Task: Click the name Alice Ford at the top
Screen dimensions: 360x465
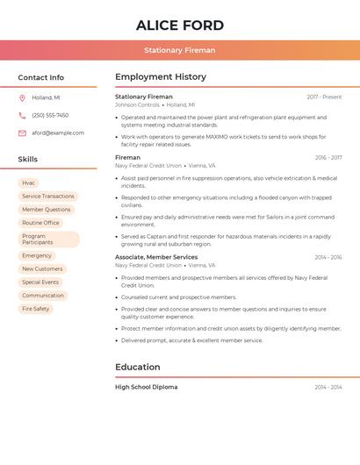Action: [180, 25]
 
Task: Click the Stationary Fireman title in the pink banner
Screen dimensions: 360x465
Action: [180, 50]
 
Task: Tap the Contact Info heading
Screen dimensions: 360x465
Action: [41, 77]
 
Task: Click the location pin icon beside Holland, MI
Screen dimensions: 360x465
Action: [22, 97]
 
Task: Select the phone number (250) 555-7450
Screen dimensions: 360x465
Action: [50, 115]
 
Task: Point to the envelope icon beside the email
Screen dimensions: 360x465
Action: [22, 133]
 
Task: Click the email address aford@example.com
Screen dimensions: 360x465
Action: [58, 133]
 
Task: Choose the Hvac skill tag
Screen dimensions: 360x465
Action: [29, 182]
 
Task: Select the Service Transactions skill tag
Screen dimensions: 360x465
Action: [48, 197]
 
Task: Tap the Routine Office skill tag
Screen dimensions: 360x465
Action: [40, 223]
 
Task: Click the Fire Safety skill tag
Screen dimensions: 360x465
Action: [36, 309]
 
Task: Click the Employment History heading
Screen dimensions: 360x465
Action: [161, 77]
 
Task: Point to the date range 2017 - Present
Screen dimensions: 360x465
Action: [324, 97]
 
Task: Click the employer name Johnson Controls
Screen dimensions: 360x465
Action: [137, 104]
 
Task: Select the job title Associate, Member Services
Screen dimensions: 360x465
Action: [156, 257]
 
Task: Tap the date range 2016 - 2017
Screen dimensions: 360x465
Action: [328, 158]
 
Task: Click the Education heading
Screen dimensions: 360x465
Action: [138, 367]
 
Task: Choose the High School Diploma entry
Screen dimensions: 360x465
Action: [146, 387]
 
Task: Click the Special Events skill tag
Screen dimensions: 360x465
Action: [40, 283]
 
